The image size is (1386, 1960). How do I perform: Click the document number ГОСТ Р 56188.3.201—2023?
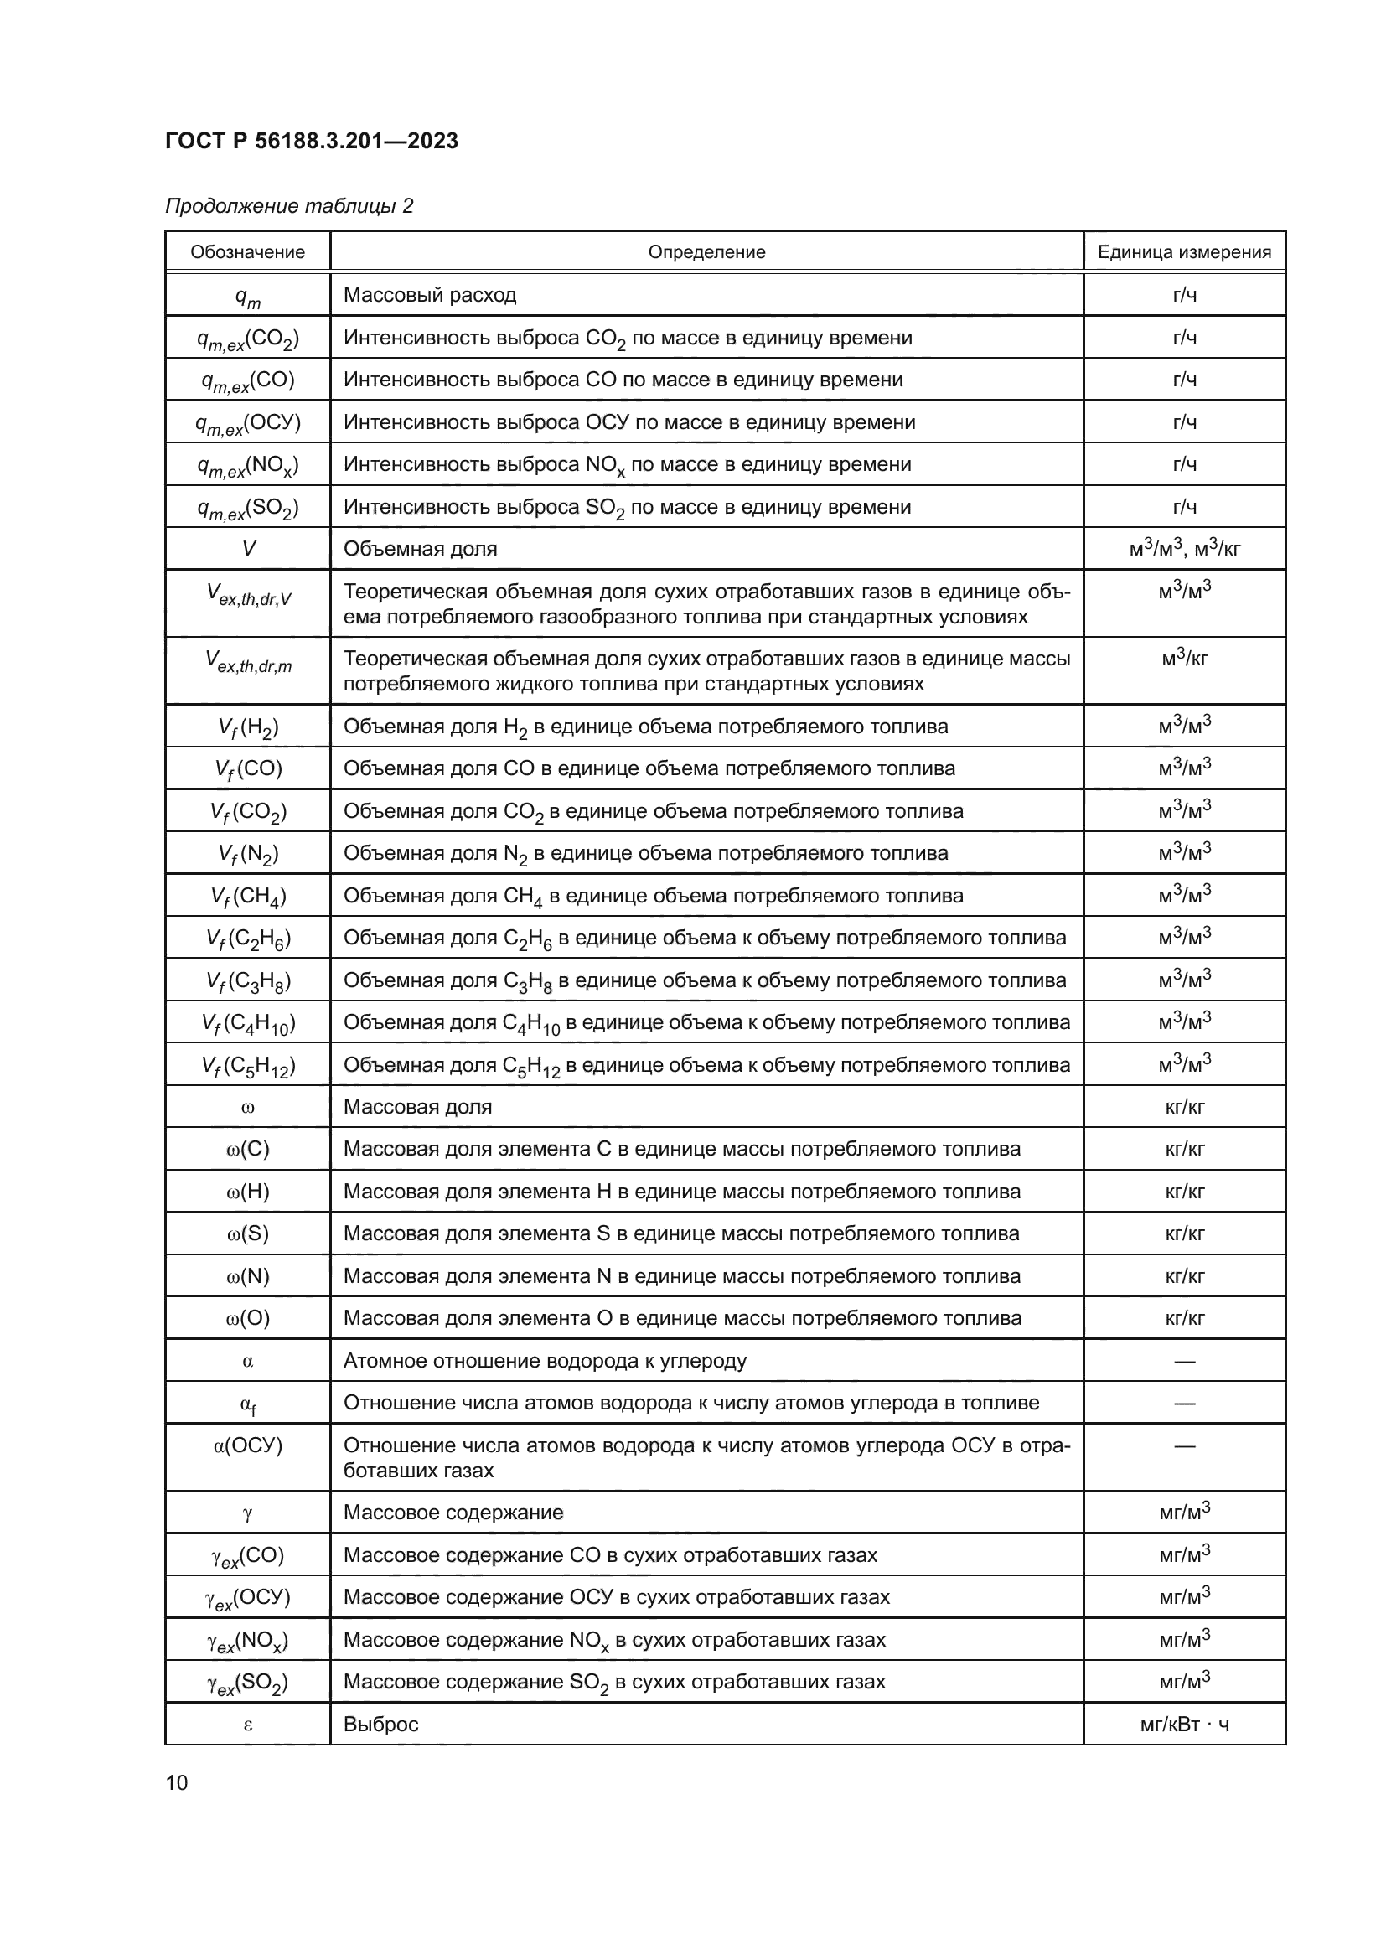tap(312, 141)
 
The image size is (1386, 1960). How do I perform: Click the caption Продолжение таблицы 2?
tap(288, 206)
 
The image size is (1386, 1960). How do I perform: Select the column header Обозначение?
tap(247, 252)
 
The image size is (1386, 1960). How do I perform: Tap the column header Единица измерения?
tap(1184, 252)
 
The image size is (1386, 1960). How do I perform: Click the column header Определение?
tap(706, 252)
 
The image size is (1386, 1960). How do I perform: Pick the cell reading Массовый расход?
tap(429, 295)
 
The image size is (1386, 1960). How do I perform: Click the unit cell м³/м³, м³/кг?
tap(1184, 549)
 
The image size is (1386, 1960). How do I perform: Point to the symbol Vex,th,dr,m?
tap(247, 662)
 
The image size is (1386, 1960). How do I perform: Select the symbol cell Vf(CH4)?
tap(247, 897)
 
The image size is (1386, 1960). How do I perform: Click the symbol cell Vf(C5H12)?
tap(247, 1065)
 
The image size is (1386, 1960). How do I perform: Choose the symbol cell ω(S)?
tap(247, 1233)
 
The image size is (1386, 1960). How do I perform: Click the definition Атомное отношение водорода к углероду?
tap(545, 1361)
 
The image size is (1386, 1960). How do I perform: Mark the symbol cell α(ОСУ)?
tap(247, 1445)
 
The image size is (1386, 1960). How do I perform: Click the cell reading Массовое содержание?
tap(453, 1513)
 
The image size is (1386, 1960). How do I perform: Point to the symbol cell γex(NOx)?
tap(247, 1641)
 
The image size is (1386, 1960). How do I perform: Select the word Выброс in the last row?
tap(380, 1725)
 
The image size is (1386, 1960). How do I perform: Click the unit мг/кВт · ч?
tap(1184, 1725)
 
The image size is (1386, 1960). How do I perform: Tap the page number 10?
tap(177, 1782)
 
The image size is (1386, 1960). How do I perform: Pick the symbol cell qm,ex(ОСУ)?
tap(247, 423)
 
